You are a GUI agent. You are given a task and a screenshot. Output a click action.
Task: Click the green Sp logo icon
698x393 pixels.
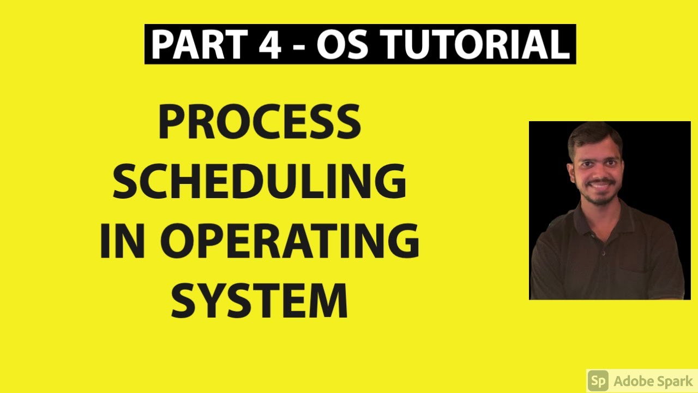pyautogui.click(x=598, y=380)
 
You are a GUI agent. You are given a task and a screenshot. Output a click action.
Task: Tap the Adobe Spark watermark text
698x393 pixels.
pyautogui.click(x=652, y=380)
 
